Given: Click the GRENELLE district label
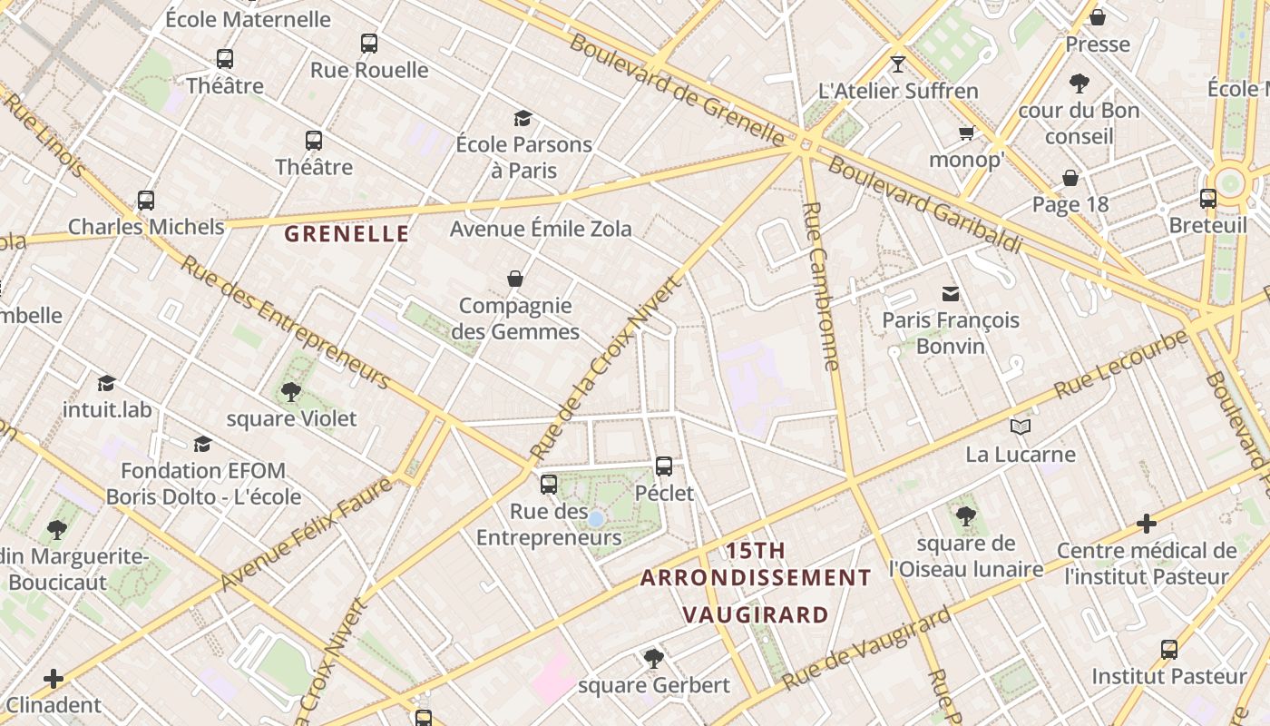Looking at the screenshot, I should click(347, 234).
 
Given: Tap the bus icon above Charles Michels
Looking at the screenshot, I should click(145, 201).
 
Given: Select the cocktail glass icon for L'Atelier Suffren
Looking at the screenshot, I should click(898, 64).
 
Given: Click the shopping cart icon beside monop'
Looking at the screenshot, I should click(966, 133).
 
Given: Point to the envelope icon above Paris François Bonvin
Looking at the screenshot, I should click(951, 293).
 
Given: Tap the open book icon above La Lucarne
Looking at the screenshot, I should click(1021, 427).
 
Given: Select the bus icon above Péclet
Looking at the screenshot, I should click(664, 466).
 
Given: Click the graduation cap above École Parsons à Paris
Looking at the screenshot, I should click(523, 118).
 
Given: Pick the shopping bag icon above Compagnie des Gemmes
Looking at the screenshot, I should click(515, 279).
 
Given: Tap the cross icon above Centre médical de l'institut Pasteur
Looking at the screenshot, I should click(1147, 524).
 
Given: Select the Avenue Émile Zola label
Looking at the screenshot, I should click(541, 229).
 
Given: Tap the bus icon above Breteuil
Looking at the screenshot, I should click(1207, 198).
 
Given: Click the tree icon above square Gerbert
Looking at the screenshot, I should click(653, 658).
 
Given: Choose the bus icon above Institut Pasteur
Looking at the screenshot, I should click(1169, 649).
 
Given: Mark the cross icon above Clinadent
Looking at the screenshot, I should click(54, 678).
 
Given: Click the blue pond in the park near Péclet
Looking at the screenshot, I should click(595, 519).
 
